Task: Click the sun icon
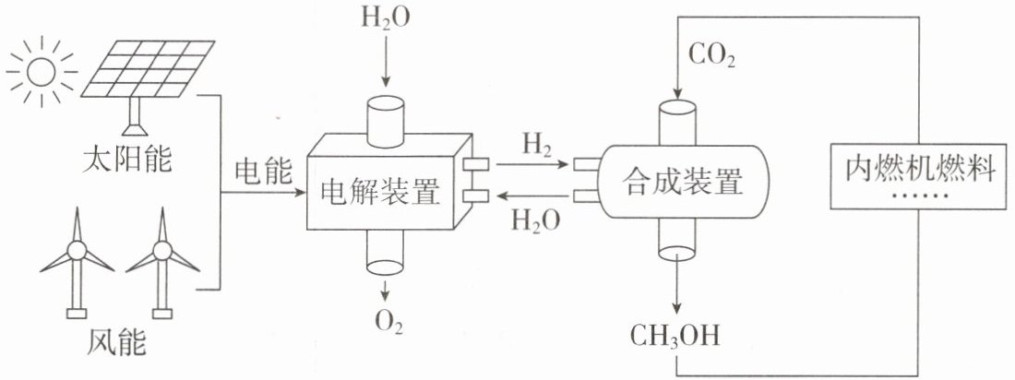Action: coord(41,72)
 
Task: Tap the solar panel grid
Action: coord(149,69)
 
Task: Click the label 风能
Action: coord(116,342)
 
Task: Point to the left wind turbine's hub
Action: coord(77,250)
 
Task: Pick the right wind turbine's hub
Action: coord(162,250)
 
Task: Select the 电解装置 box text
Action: coord(380,192)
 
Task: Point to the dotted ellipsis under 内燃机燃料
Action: coord(920,195)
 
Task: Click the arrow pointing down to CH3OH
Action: coord(676,284)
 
